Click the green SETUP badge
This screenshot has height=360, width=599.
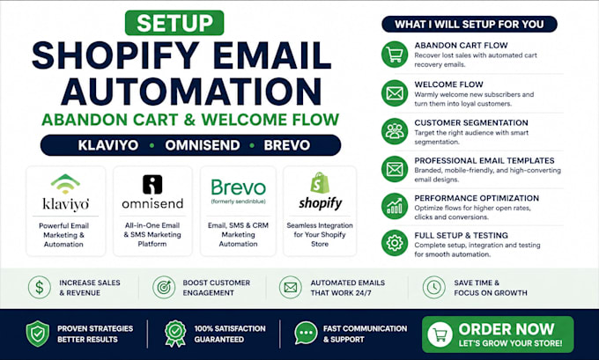pos(174,23)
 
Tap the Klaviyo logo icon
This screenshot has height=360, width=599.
pos(65,183)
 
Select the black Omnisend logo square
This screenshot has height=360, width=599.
pos(152,184)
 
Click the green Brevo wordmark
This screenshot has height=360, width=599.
pos(239,187)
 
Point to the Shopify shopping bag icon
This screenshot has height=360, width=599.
pos(320,182)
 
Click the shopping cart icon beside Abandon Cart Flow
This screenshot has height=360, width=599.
pos(395,55)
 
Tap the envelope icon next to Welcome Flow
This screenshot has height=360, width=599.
pos(395,93)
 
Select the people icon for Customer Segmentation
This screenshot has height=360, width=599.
pos(395,131)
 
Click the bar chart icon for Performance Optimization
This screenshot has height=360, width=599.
pos(395,206)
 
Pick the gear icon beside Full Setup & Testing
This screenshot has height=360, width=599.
pos(395,243)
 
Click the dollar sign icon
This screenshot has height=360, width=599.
pos(40,288)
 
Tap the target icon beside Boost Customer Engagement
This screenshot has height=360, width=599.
pos(164,288)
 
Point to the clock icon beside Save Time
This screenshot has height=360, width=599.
pos(434,288)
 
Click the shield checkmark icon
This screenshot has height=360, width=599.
pos(37,334)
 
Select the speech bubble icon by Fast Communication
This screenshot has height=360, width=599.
pos(306,333)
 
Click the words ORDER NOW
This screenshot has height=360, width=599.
pos(507,329)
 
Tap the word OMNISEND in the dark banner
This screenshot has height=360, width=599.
pos(203,145)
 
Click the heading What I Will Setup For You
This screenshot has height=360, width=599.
pos(470,24)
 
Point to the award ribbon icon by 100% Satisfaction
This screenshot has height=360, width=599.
pos(175,334)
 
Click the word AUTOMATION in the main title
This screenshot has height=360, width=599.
pos(191,92)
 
